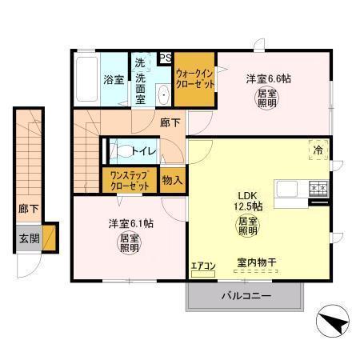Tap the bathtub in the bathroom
[86, 80]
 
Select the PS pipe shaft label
[166, 58]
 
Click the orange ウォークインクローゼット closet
[194, 80]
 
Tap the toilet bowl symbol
[122, 150]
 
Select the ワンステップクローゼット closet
[130, 180]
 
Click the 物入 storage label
[172, 180]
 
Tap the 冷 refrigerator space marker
[318, 149]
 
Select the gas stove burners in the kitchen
[318, 190]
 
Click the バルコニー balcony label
[246, 296]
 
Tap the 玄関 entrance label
[27, 238]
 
